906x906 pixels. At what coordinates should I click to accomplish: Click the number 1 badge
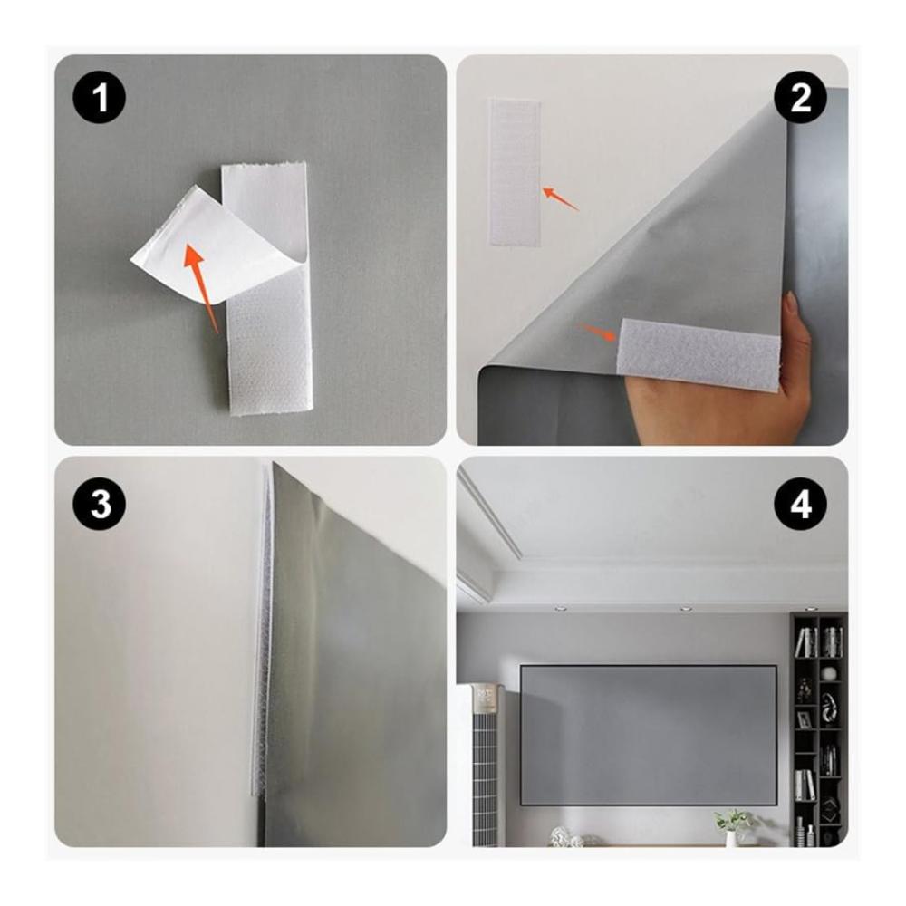(x=100, y=98)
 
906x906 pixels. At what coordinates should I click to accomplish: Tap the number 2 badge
(x=800, y=98)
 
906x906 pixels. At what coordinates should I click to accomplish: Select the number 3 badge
(x=100, y=505)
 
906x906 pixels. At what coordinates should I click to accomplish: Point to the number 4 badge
(x=800, y=505)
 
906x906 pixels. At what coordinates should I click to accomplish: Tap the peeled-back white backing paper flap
(x=214, y=243)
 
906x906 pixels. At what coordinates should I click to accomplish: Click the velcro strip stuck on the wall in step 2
(x=515, y=173)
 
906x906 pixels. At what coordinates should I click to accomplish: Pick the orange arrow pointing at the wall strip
(x=560, y=198)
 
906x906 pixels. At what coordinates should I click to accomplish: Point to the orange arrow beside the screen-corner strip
(x=599, y=333)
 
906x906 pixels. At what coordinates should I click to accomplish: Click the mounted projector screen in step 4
(x=649, y=735)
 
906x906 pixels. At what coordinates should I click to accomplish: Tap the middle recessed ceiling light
(x=686, y=609)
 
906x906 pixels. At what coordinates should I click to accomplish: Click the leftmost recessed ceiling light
(x=558, y=609)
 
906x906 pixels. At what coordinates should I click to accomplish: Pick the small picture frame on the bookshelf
(x=804, y=719)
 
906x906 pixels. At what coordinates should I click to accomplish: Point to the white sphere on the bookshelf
(x=829, y=673)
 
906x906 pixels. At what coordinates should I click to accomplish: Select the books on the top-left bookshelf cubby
(x=805, y=642)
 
